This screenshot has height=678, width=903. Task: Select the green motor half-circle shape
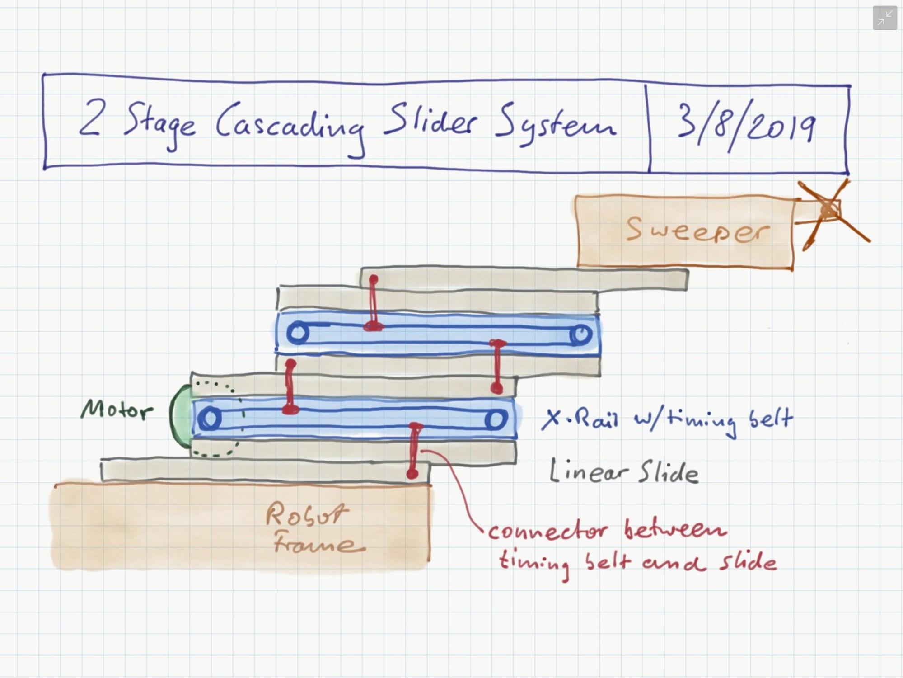(181, 416)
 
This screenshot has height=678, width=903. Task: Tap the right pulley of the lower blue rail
(496, 419)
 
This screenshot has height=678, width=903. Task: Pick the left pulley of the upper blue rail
(298, 333)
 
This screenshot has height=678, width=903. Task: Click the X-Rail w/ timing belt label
(667, 420)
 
